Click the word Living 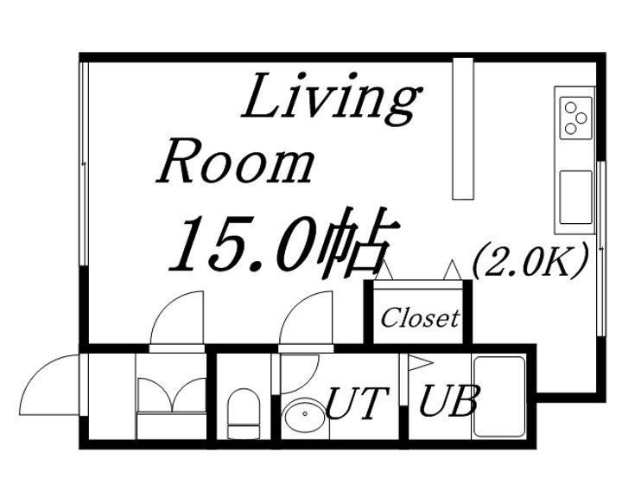331,98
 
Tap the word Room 235,162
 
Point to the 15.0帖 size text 283,242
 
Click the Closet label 420,318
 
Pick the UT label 357,403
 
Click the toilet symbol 243,413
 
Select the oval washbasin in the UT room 305,414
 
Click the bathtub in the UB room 499,396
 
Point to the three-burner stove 575,118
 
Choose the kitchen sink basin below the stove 575,197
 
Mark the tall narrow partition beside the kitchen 463,128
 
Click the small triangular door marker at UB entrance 419,363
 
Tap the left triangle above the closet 384,271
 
